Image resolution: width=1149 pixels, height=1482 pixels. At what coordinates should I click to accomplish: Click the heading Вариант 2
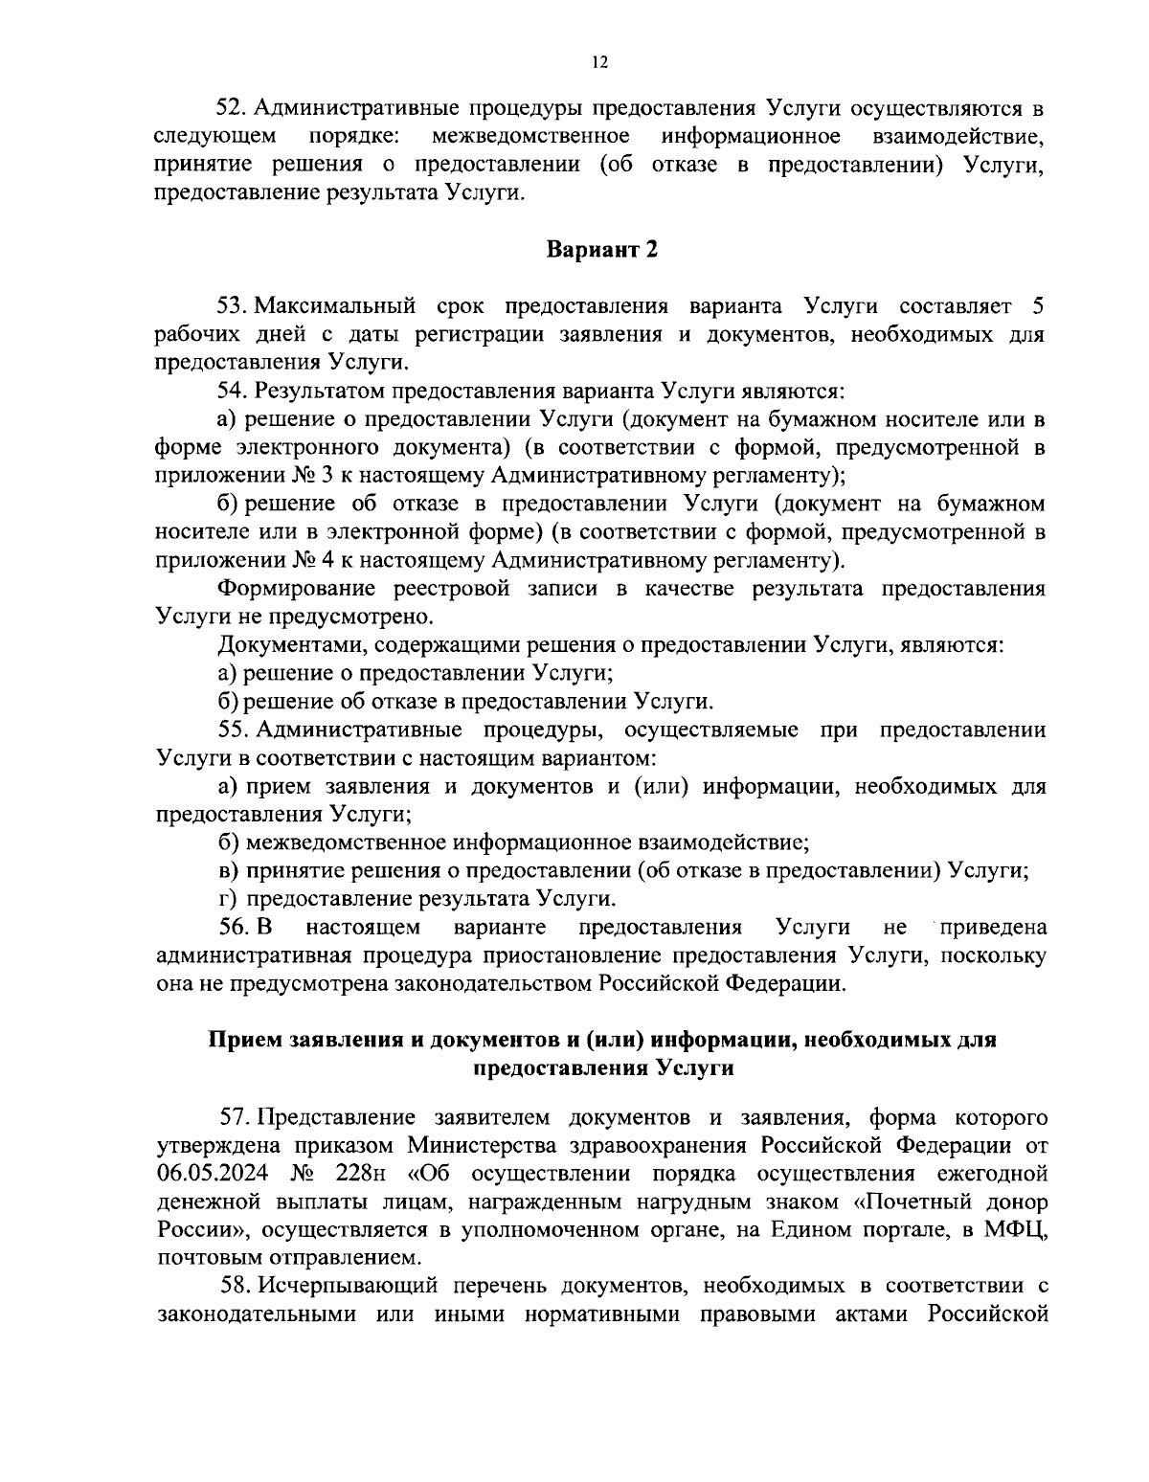coord(602,251)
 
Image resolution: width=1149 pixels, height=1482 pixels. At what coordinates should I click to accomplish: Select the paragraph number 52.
coord(233,106)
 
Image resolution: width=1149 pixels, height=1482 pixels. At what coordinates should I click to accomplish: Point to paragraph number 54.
coord(234,391)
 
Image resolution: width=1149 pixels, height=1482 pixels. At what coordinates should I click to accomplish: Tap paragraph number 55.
coord(234,730)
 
